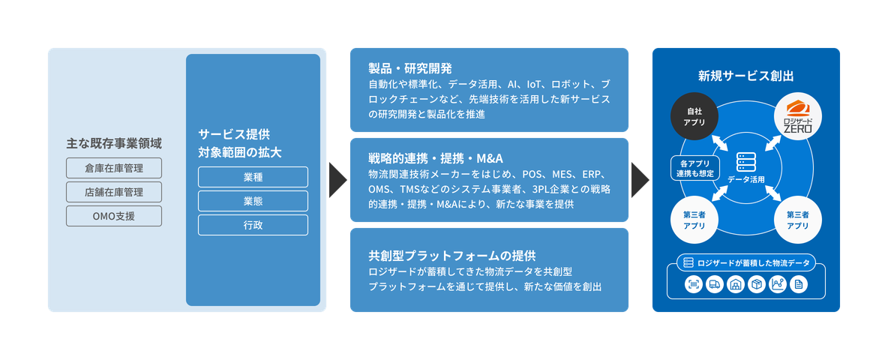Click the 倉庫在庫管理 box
114,167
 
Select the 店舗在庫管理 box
114,192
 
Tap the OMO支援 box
114,217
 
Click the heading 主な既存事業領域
114,142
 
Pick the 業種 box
253,177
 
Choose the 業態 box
253,201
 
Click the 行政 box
253,225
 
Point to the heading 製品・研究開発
410,68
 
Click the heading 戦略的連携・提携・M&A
436,157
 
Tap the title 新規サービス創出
745,76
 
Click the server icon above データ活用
745,162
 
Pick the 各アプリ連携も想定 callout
694,168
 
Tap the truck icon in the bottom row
715,284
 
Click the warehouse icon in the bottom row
736,284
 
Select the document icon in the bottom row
799,284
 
